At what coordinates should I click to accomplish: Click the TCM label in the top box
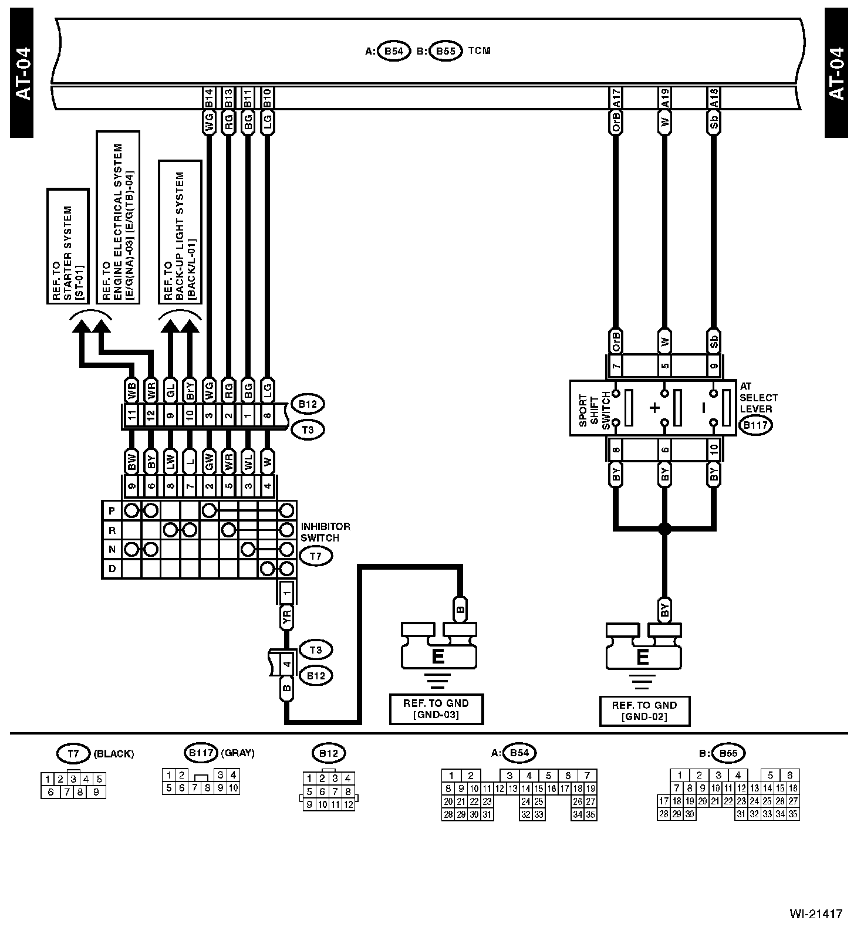[x=479, y=51]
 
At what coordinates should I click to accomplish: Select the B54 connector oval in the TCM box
[x=393, y=51]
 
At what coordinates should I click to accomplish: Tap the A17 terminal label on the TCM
[x=616, y=98]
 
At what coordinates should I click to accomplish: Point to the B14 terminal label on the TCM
[x=208, y=98]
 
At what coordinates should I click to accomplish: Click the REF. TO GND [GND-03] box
[x=436, y=709]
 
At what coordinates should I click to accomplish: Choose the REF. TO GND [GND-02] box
[x=644, y=711]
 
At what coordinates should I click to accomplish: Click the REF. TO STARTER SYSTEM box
[x=67, y=246]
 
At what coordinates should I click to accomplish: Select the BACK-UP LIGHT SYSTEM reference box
[x=180, y=232]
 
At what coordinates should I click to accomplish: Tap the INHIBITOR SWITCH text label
[x=325, y=532]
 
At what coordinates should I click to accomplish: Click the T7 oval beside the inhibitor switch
[x=316, y=556]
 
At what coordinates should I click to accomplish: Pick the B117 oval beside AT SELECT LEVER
[x=755, y=426]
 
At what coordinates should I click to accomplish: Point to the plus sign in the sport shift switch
[x=654, y=408]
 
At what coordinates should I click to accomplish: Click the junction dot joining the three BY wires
[x=664, y=529]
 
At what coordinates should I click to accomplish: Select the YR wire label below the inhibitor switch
[x=286, y=617]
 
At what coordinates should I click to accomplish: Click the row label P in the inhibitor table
[x=112, y=510]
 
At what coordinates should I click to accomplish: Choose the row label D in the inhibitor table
[x=112, y=569]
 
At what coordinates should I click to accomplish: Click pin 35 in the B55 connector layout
[x=793, y=814]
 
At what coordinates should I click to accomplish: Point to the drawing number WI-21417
[x=816, y=914]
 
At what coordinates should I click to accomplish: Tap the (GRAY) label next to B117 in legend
[x=238, y=753]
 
